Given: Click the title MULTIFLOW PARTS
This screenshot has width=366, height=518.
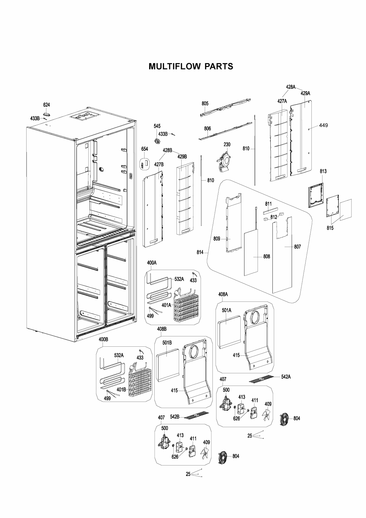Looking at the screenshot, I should click(x=191, y=66).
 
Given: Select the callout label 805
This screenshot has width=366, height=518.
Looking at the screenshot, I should click(x=205, y=103).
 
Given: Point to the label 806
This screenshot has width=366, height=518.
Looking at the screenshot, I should click(x=207, y=128).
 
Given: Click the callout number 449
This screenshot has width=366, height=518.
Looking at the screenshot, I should click(x=323, y=125).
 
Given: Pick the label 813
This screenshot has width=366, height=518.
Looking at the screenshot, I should click(x=323, y=171).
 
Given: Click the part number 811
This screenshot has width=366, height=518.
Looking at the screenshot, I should click(x=268, y=204).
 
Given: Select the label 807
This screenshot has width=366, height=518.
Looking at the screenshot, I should click(x=297, y=247).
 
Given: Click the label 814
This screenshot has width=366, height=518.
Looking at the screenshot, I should click(x=200, y=252).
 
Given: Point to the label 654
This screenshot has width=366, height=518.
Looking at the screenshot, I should click(x=145, y=149).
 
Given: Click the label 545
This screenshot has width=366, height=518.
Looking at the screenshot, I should click(x=157, y=126).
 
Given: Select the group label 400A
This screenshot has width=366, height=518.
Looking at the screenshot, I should click(x=152, y=263).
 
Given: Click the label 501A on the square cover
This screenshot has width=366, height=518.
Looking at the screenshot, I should click(x=227, y=310).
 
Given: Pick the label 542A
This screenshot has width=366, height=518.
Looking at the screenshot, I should click(x=286, y=377).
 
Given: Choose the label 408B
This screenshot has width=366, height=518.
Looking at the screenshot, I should click(x=162, y=329).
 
